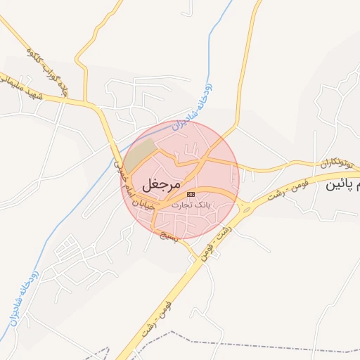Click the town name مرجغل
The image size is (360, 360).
coord(162,185)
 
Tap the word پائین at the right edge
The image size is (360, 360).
coord(342,186)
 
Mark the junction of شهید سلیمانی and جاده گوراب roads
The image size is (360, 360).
coord(88,105)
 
